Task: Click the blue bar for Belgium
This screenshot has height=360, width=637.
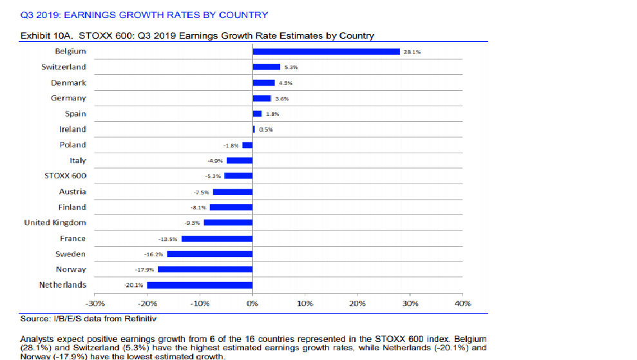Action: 326,52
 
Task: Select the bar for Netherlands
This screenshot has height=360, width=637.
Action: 200,285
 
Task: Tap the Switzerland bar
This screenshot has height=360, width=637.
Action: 267,67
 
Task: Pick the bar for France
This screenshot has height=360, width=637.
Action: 217,238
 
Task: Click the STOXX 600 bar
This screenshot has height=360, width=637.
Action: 238,176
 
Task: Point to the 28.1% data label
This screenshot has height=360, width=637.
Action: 412,52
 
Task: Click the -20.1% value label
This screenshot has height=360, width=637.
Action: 133,285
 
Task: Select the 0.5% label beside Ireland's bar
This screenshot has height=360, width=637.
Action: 266,129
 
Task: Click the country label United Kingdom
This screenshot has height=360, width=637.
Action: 55,223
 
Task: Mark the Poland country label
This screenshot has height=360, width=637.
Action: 73,145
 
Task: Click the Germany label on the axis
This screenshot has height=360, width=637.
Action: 69,99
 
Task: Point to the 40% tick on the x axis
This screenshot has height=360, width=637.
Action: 462,303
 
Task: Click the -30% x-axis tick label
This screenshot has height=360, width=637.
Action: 95,303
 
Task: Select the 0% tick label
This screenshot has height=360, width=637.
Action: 252,303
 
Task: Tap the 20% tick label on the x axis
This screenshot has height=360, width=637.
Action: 357,303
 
